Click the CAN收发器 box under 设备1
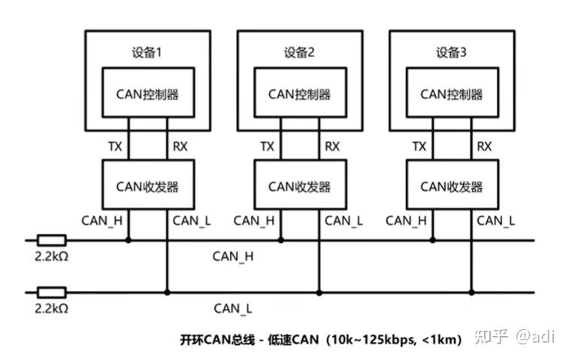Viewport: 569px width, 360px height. (147, 186)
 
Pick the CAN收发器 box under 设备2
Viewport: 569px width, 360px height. (299, 186)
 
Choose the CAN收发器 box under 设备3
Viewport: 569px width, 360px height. (451, 186)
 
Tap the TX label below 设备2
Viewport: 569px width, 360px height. (267, 147)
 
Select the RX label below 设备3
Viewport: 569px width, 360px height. (484, 147)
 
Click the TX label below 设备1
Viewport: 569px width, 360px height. (115, 147)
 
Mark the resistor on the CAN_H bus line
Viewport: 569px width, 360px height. (52, 241)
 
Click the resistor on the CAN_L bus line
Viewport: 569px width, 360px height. (52, 292)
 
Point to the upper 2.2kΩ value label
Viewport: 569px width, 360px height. (52, 257)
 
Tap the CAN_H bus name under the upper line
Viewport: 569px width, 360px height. (234, 257)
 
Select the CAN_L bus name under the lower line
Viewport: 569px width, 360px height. (233, 308)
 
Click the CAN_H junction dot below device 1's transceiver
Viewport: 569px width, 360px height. (129, 241)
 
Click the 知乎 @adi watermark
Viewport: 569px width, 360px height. (514, 337)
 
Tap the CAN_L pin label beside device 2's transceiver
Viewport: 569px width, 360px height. (344, 221)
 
